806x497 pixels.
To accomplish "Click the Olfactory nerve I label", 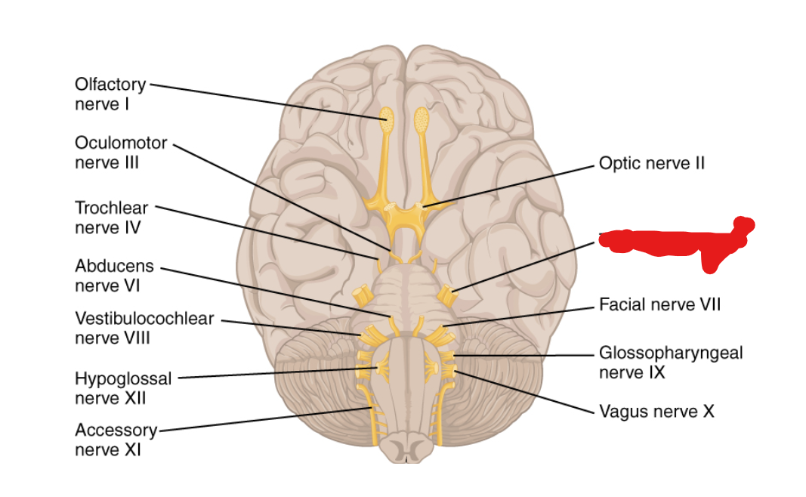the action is coord(110,94).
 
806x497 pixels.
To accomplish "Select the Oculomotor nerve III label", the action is coord(120,152).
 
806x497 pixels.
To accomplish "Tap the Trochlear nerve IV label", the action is coord(111,216).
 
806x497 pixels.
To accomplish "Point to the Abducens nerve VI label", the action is coord(113,276).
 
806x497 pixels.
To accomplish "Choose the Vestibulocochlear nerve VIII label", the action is coord(144,328).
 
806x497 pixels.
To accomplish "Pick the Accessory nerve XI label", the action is coord(115,440).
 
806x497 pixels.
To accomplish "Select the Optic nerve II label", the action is coord(651,162).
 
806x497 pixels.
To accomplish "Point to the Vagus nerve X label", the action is coord(656,412).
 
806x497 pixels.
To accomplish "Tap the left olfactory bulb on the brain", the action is coord(387,119).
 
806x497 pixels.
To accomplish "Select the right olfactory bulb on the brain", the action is coord(422,119).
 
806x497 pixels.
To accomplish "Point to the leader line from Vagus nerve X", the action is coord(529,393).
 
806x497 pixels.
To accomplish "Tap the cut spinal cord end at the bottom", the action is coord(406,451).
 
